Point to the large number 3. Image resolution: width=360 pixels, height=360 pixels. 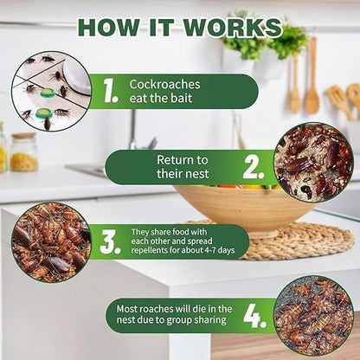[110, 241]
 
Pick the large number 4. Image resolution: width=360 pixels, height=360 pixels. [254, 315]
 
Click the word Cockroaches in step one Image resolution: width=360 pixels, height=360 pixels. [165, 84]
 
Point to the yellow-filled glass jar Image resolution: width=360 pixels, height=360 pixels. [23, 152]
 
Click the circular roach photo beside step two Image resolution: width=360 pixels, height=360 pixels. [312, 162]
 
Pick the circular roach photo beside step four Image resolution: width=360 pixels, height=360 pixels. [312, 315]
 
